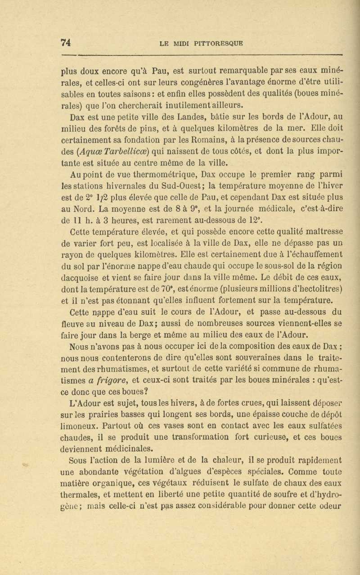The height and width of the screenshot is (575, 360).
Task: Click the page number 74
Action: point(66,43)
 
